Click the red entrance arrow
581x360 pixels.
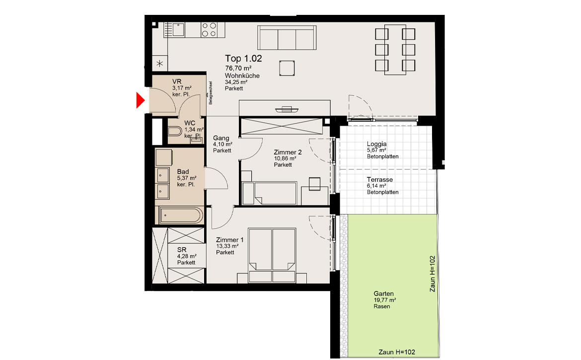tap(140, 100)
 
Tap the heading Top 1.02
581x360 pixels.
tap(243, 59)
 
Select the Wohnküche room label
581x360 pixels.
tap(242, 75)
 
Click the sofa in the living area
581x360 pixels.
tap(287, 37)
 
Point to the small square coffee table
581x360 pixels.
tap(287, 69)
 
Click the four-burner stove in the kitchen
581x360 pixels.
tap(209, 30)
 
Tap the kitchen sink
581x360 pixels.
tap(174, 30)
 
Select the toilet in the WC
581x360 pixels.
tap(174, 131)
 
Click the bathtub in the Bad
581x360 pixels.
tap(181, 216)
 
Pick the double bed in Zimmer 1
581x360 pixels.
tap(272, 255)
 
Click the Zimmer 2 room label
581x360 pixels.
tap(288, 152)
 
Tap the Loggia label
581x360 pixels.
tap(376, 144)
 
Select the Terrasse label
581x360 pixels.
tap(379, 180)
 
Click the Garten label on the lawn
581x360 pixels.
tap(383, 293)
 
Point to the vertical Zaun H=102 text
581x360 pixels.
tap(433, 274)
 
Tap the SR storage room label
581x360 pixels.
tap(182, 250)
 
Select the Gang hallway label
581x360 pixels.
tap(221, 138)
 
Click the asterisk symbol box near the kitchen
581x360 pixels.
tap(160, 64)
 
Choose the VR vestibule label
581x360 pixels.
tap(177, 81)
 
